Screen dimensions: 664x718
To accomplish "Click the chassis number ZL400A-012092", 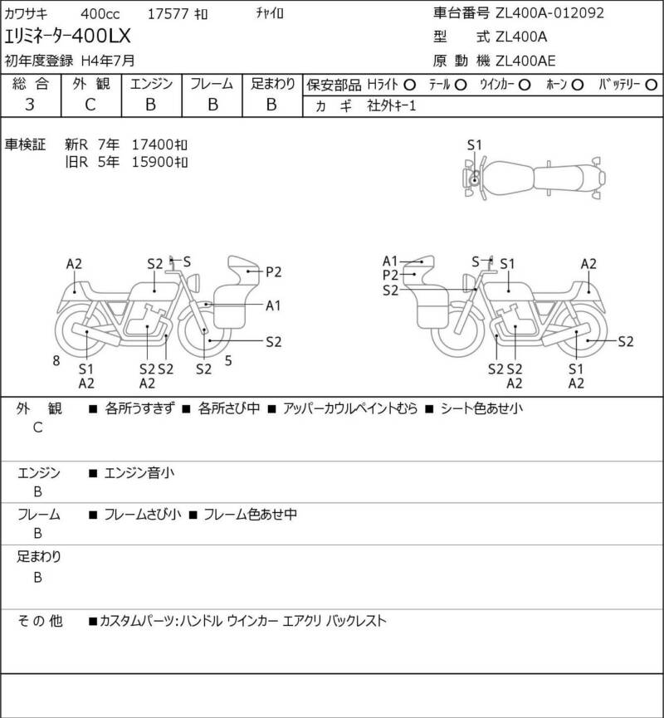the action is (x=549, y=12).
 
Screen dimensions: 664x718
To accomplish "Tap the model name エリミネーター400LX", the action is (x=67, y=37).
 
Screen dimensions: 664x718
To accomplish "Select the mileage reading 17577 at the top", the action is (x=168, y=14).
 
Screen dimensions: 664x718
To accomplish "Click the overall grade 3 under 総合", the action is (x=30, y=105).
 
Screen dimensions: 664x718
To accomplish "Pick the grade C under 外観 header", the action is (x=90, y=105).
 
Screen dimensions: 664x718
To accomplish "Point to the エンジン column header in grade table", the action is (x=151, y=84).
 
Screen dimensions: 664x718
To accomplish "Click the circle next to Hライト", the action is (x=409, y=85).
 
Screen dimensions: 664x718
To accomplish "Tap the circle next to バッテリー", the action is (x=651, y=85).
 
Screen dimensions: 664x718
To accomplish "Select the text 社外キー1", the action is (x=392, y=105).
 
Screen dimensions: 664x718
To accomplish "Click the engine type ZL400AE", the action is (x=525, y=61).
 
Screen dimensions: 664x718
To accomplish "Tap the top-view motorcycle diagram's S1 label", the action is (x=475, y=145).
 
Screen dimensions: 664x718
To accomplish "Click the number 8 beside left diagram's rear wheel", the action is (x=56, y=361).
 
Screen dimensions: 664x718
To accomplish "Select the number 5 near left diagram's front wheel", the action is (x=228, y=361).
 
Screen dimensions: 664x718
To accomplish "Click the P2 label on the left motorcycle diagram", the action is (x=273, y=272).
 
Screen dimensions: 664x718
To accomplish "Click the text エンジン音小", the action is (x=139, y=472).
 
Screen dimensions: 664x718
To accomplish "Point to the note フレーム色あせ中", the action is (x=250, y=515).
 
